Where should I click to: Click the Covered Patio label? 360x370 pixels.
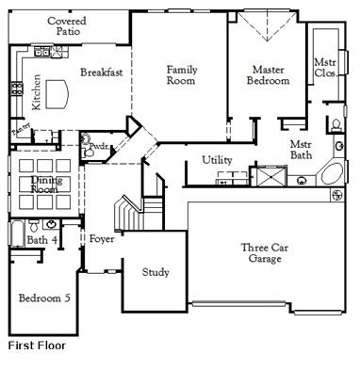click(67, 25)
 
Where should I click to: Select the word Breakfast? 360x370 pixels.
click(99, 72)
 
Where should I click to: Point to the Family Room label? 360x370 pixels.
click(181, 75)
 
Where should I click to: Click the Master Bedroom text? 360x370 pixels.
click(270, 75)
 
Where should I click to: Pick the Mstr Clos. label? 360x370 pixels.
click(325, 67)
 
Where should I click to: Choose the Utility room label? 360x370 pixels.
click(218, 160)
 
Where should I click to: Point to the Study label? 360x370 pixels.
click(155, 272)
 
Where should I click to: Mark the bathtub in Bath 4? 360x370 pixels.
click(16, 232)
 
